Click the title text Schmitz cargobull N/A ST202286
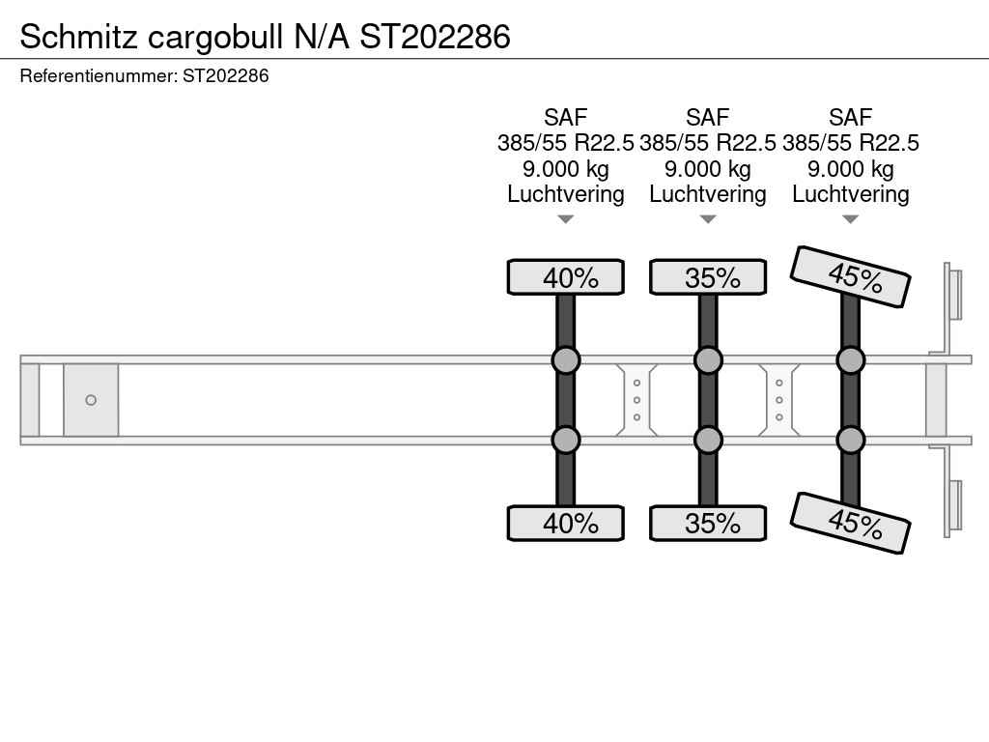(x=265, y=37)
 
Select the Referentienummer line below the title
(x=145, y=75)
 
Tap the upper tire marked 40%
(x=566, y=277)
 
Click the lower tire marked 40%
(x=566, y=523)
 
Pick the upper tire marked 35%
(x=708, y=277)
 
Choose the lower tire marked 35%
(x=708, y=523)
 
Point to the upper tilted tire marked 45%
(x=850, y=276)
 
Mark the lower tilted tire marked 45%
(x=850, y=523)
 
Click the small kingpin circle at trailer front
(x=91, y=400)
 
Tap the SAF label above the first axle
(x=566, y=117)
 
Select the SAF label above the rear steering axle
(x=850, y=117)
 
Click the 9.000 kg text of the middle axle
(x=708, y=169)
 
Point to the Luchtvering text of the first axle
(x=566, y=194)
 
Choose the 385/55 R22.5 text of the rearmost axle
(x=850, y=143)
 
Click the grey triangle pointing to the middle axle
(x=708, y=219)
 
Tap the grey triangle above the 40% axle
(x=566, y=219)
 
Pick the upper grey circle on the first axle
(x=566, y=360)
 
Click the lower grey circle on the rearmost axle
(x=850, y=440)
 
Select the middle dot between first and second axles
(x=637, y=400)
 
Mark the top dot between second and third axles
(x=779, y=383)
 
